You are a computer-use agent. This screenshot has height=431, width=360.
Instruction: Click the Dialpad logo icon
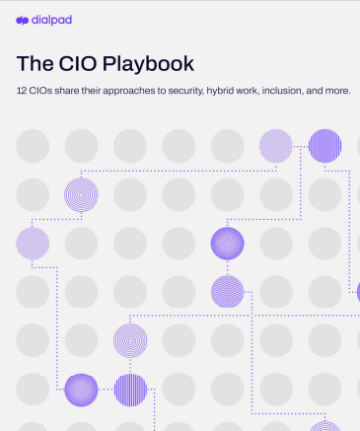[22, 20]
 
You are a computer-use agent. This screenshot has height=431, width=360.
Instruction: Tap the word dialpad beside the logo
[51, 20]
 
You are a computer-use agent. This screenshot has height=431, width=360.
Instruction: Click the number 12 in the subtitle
[22, 91]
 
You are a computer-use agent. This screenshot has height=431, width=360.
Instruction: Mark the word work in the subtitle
[271, 91]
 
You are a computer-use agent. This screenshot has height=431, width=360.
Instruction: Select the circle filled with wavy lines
[227, 291]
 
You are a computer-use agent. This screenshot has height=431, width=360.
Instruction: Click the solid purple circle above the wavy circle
[227, 243]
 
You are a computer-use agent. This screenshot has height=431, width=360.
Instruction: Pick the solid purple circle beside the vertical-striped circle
[82, 389]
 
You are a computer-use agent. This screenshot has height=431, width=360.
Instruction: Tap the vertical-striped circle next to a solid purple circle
[130, 389]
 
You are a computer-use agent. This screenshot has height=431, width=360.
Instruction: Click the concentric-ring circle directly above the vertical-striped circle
[130, 340]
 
